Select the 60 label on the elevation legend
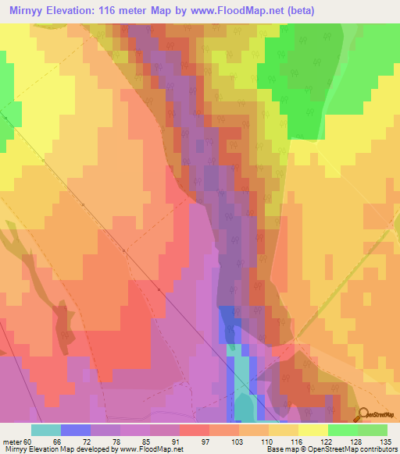[28, 441]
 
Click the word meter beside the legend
[11, 441]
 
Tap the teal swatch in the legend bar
[45, 430]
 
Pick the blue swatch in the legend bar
[75, 430]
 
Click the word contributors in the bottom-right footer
[378, 449]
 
